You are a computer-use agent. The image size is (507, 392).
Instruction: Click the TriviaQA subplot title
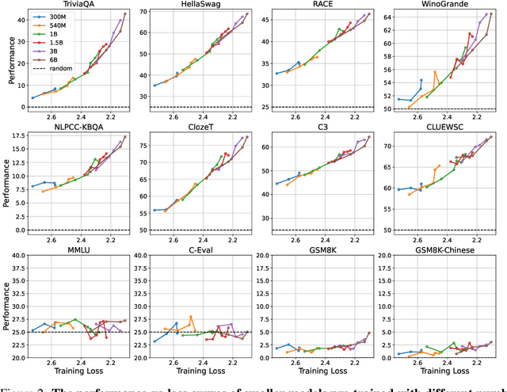[77, 5]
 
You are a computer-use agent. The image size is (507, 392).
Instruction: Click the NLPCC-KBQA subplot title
[77, 127]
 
